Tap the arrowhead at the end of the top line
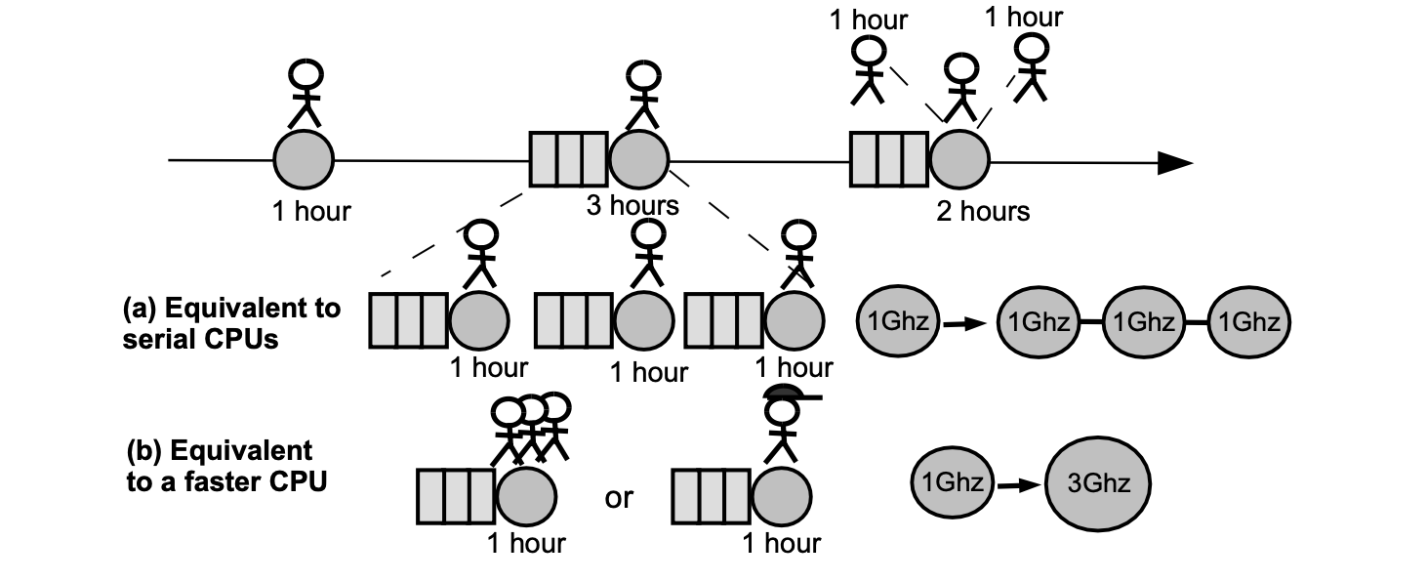1175,163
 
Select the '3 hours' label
632,206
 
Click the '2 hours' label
983,210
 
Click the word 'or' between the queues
619,498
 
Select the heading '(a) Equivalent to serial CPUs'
231,322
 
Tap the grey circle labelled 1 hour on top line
303,158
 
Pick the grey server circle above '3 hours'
639,158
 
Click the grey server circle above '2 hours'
959,158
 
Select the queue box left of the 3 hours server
569,158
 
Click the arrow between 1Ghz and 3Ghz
1017,483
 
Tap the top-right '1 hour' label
1023,17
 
